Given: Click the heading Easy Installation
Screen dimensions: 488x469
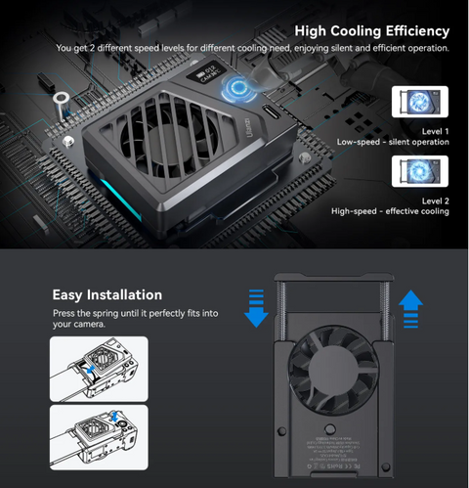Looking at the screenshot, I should pos(107,293).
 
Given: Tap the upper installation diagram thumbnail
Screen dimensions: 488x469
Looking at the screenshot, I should pos(98,368).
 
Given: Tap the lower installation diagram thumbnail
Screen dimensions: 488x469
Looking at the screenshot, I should pos(98,435).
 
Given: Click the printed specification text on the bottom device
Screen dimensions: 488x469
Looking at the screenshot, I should pos(332,455).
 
